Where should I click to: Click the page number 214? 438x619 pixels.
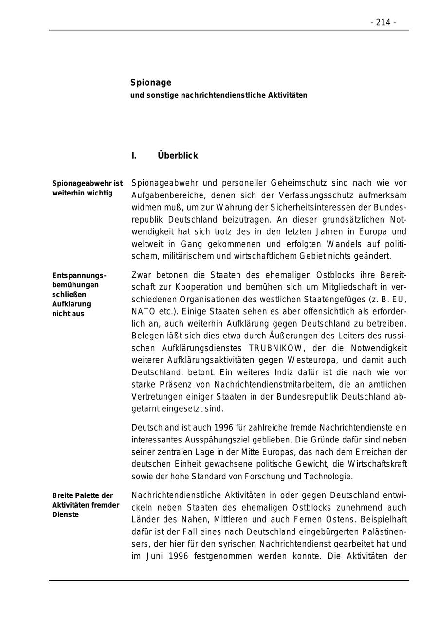(x=383, y=22)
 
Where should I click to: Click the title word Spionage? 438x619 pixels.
(x=150, y=83)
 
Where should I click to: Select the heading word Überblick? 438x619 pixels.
(x=178, y=156)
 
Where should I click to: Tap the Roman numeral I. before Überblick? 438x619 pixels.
(x=134, y=156)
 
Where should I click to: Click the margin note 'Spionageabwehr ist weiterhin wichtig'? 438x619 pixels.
(x=87, y=188)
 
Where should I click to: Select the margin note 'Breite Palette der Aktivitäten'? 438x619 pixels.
(x=86, y=505)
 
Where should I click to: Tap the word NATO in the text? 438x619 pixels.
(x=141, y=312)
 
